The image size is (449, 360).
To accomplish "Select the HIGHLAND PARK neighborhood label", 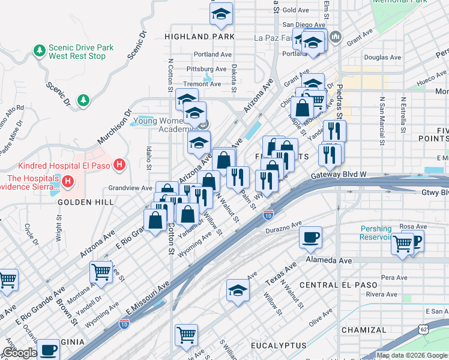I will pyautogui.click(x=199, y=37).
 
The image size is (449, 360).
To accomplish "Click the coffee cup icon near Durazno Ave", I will pyautogui.click(x=310, y=237).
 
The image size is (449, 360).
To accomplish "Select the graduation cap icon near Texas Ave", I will pyautogui.click(x=238, y=289).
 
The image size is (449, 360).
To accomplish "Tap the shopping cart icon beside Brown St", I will pyautogui.click(x=101, y=272).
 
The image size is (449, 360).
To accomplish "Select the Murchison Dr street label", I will pyautogui.click(x=113, y=127).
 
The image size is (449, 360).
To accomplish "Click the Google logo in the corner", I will pyautogui.click(x=19, y=353).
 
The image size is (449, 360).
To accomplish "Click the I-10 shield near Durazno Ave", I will pyautogui.click(x=268, y=214).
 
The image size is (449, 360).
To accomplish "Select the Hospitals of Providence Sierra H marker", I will pyautogui.click(x=67, y=181).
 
